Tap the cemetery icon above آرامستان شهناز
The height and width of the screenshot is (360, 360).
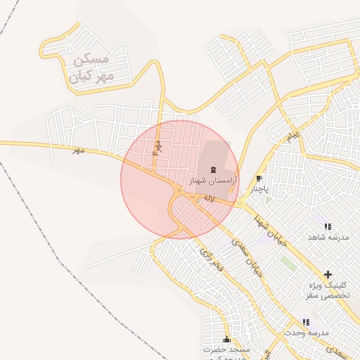tap(213, 169)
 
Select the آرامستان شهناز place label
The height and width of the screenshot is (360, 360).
tap(214, 181)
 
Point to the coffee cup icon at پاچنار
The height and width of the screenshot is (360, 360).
tap(259, 178)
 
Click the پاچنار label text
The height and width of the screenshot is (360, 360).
tap(259, 188)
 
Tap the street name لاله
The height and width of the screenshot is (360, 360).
tap(209, 199)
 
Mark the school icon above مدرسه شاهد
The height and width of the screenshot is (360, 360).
tap(328, 226)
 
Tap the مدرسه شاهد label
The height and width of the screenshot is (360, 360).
tap(328, 238)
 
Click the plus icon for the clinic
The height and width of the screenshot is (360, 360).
tap(328, 274)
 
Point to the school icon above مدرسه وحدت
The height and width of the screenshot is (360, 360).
tap(306, 322)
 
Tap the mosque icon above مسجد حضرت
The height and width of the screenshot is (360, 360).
tap(226, 340)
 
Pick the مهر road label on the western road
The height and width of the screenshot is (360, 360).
tap(77, 150)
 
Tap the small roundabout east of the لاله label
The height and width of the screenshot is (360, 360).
tap(240, 204)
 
